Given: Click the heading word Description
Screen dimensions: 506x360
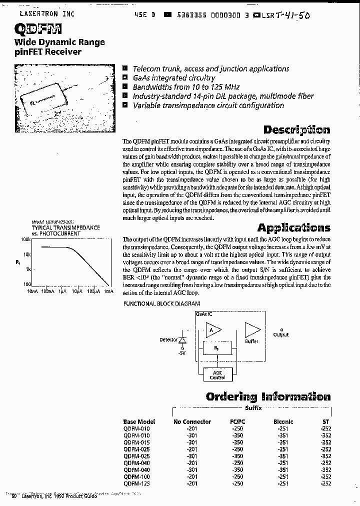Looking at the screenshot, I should pos(296,130).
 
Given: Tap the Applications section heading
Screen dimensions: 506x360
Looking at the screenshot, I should pos(293,228).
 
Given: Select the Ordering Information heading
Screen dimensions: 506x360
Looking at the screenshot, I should pos(268,396).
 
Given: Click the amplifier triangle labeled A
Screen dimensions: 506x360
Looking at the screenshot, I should pos(212,330).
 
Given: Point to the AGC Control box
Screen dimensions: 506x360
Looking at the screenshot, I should pos(217,375).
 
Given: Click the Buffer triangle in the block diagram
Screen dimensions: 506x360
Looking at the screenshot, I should pos(252,330).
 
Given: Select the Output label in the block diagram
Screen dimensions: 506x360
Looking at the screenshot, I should pos(281,334).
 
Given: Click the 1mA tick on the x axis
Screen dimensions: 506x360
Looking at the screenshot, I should pos(107,291).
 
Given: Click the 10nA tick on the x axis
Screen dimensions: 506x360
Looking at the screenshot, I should pos(33,291).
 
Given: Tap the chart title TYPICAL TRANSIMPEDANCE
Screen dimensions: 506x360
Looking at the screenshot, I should pos(65,227).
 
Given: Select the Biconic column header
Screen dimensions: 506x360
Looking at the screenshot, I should pos(283,421).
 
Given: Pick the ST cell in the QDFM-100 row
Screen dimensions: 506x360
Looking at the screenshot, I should pos(325,477).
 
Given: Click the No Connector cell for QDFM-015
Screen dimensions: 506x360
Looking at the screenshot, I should pos(192,442).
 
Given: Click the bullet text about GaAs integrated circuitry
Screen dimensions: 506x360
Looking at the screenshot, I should pos(173,78).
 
